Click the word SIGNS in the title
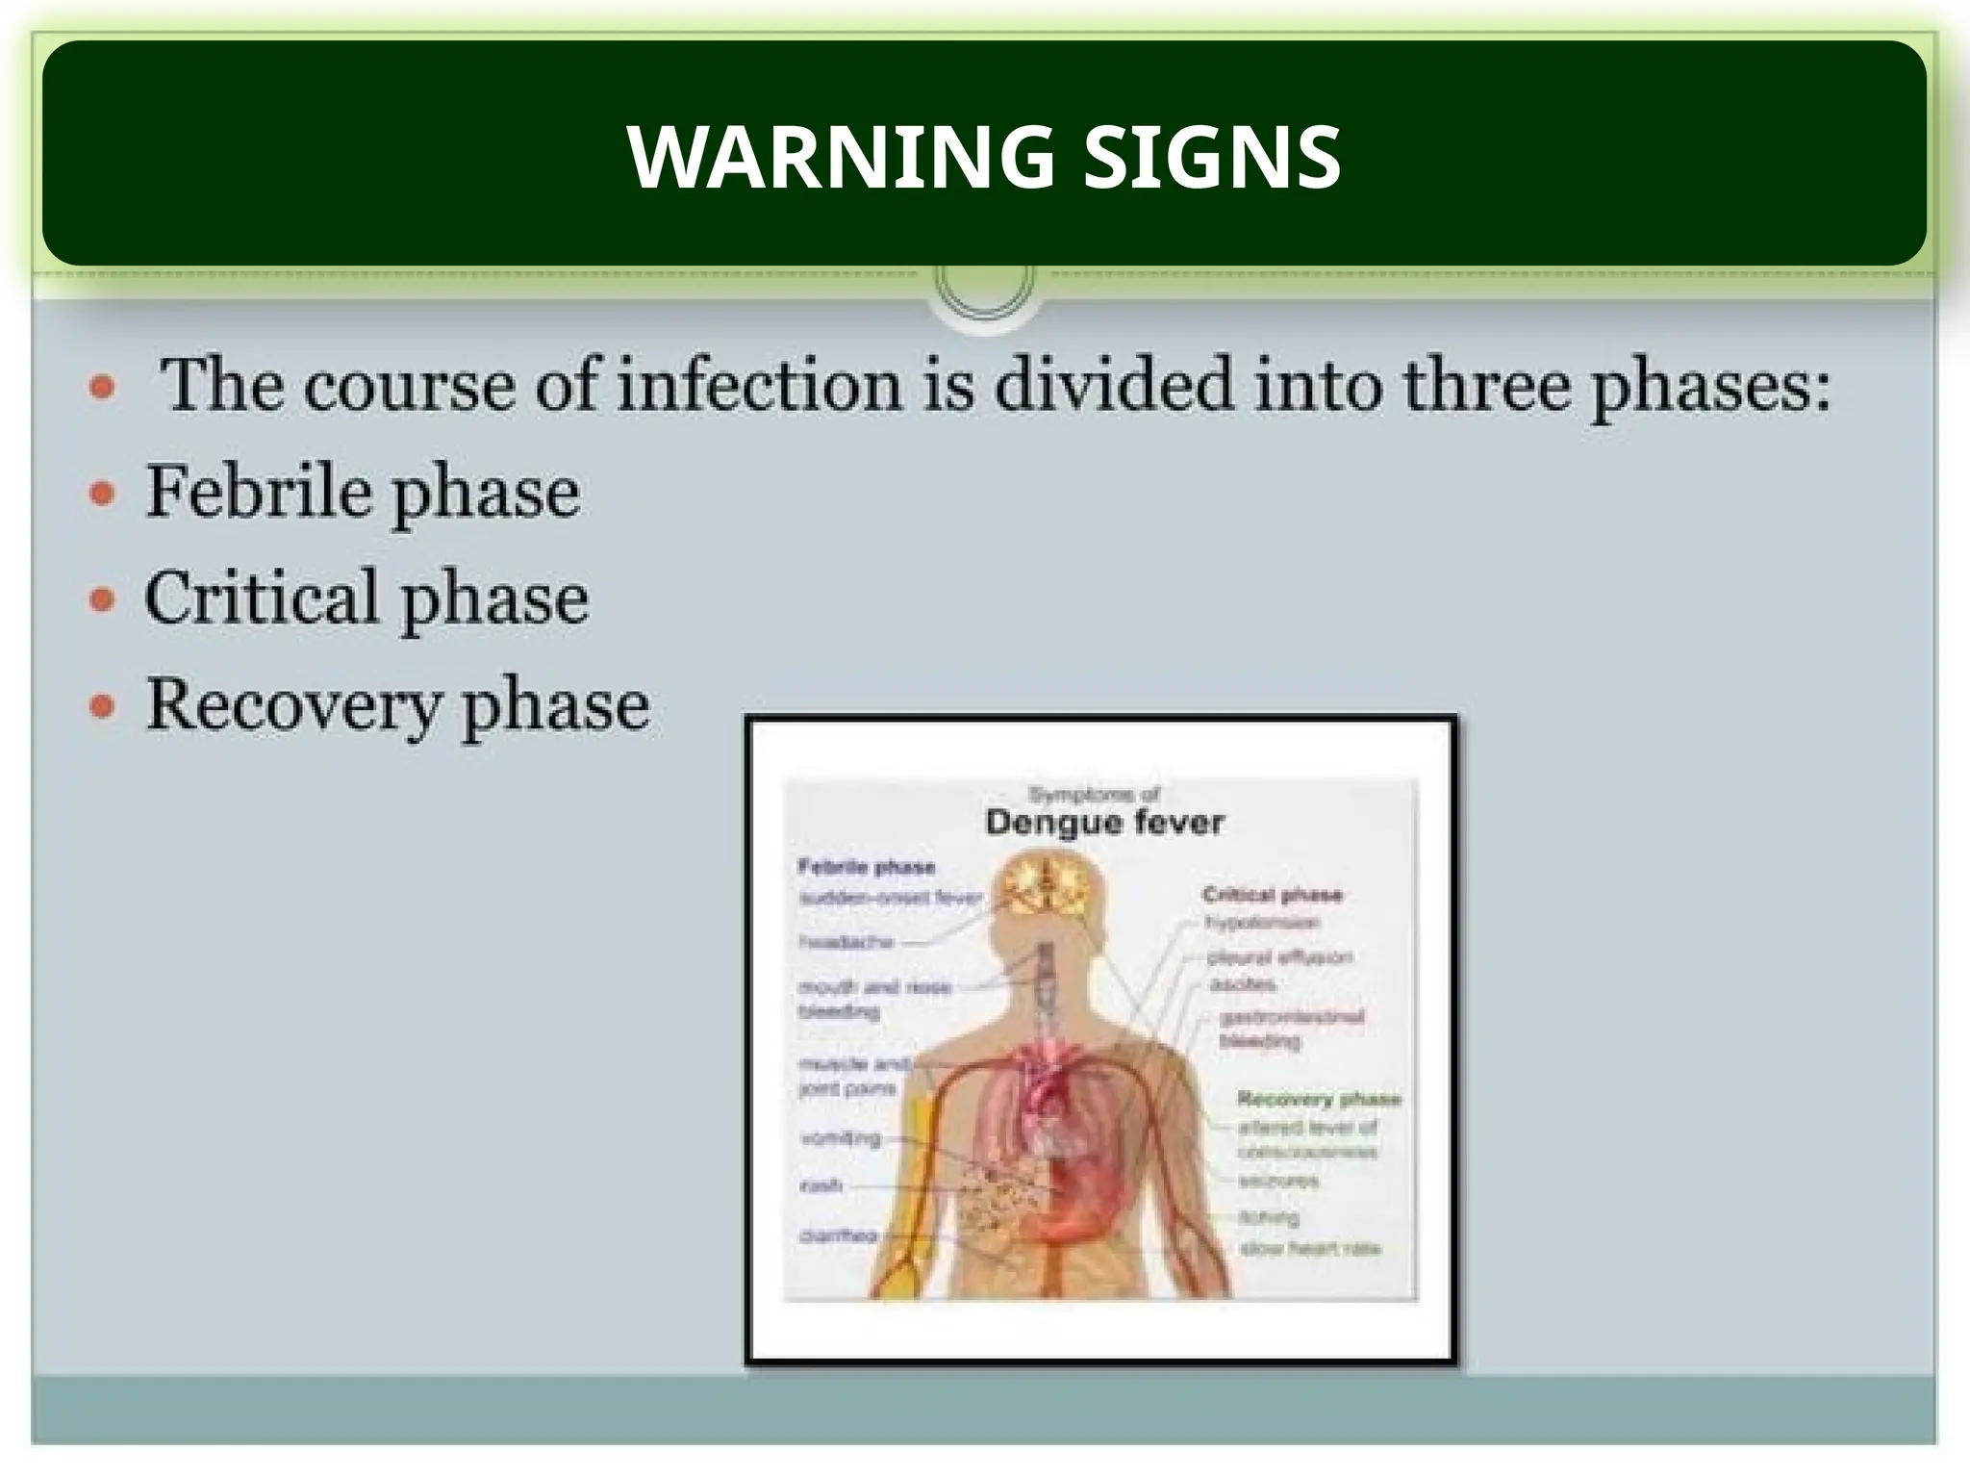pos(1212,157)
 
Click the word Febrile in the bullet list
pos(258,493)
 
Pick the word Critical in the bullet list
pos(261,598)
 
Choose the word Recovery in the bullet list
pos(292,706)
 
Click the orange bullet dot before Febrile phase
pos(102,495)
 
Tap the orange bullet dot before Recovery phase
pos(102,708)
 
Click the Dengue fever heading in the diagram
pos(1104,823)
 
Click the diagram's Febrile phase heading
pos(867,867)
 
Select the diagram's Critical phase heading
pos(1272,895)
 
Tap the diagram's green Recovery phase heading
pos(1318,1099)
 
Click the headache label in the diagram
pos(846,942)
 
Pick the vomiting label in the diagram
pos(841,1139)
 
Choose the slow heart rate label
pos(1310,1249)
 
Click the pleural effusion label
pos(1279,957)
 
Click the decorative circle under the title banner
pos(984,281)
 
